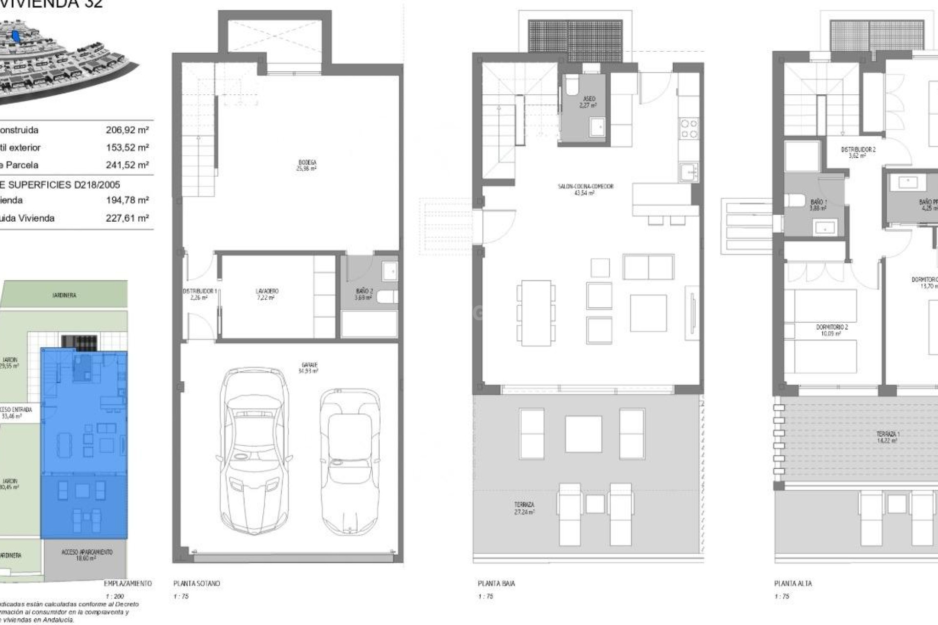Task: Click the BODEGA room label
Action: (x=306, y=166)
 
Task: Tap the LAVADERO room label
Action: (x=267, y=294)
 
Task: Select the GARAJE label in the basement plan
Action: (x=308, y=368)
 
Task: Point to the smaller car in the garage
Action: (x=350, y=461)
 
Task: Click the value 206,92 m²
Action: (x=127, y=130)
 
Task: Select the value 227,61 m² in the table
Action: (x=127, y=218)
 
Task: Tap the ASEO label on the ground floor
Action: (x=589, y=102)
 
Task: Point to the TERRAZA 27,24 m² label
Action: (x=524, y=508)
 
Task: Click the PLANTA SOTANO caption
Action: (x=196, y=583)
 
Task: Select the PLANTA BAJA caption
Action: (x=496, y=583)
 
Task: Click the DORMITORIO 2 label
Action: (x=832, y=330)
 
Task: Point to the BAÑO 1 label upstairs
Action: (x=818, y=205)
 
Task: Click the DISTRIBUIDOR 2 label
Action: (x=858, y=152)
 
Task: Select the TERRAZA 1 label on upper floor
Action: (x=888, y=437)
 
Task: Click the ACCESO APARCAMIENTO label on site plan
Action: (x=86, y=555)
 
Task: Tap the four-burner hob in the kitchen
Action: (x=688, y=128)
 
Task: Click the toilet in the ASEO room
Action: (x=571, y=86)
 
